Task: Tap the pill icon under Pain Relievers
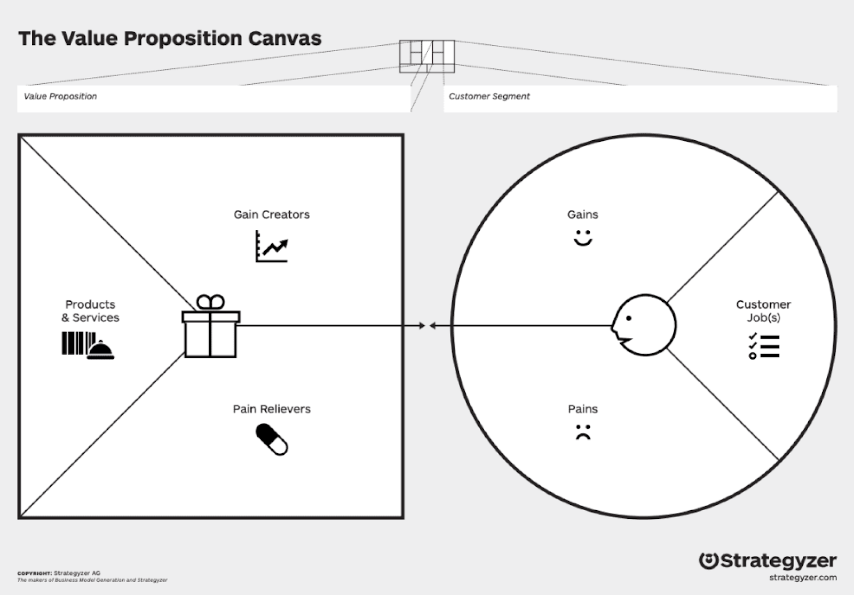[272, 439]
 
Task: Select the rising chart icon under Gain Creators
[272, 246]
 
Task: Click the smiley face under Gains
[583, 238]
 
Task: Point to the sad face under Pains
[583, 432]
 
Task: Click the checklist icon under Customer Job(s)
[764, 346]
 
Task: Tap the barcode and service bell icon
[88, 345]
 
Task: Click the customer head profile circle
[644, 325]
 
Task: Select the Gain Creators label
[272, 214]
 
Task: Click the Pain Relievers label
[272, 409]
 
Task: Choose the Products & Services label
[90, 311]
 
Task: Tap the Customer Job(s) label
[763, 311]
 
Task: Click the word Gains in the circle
[583, 214]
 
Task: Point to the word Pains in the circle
[583, 409]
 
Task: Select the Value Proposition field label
[60, 97]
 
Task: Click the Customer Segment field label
[489, 97]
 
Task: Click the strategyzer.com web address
[803, 577]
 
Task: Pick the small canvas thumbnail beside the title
[427, 56]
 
